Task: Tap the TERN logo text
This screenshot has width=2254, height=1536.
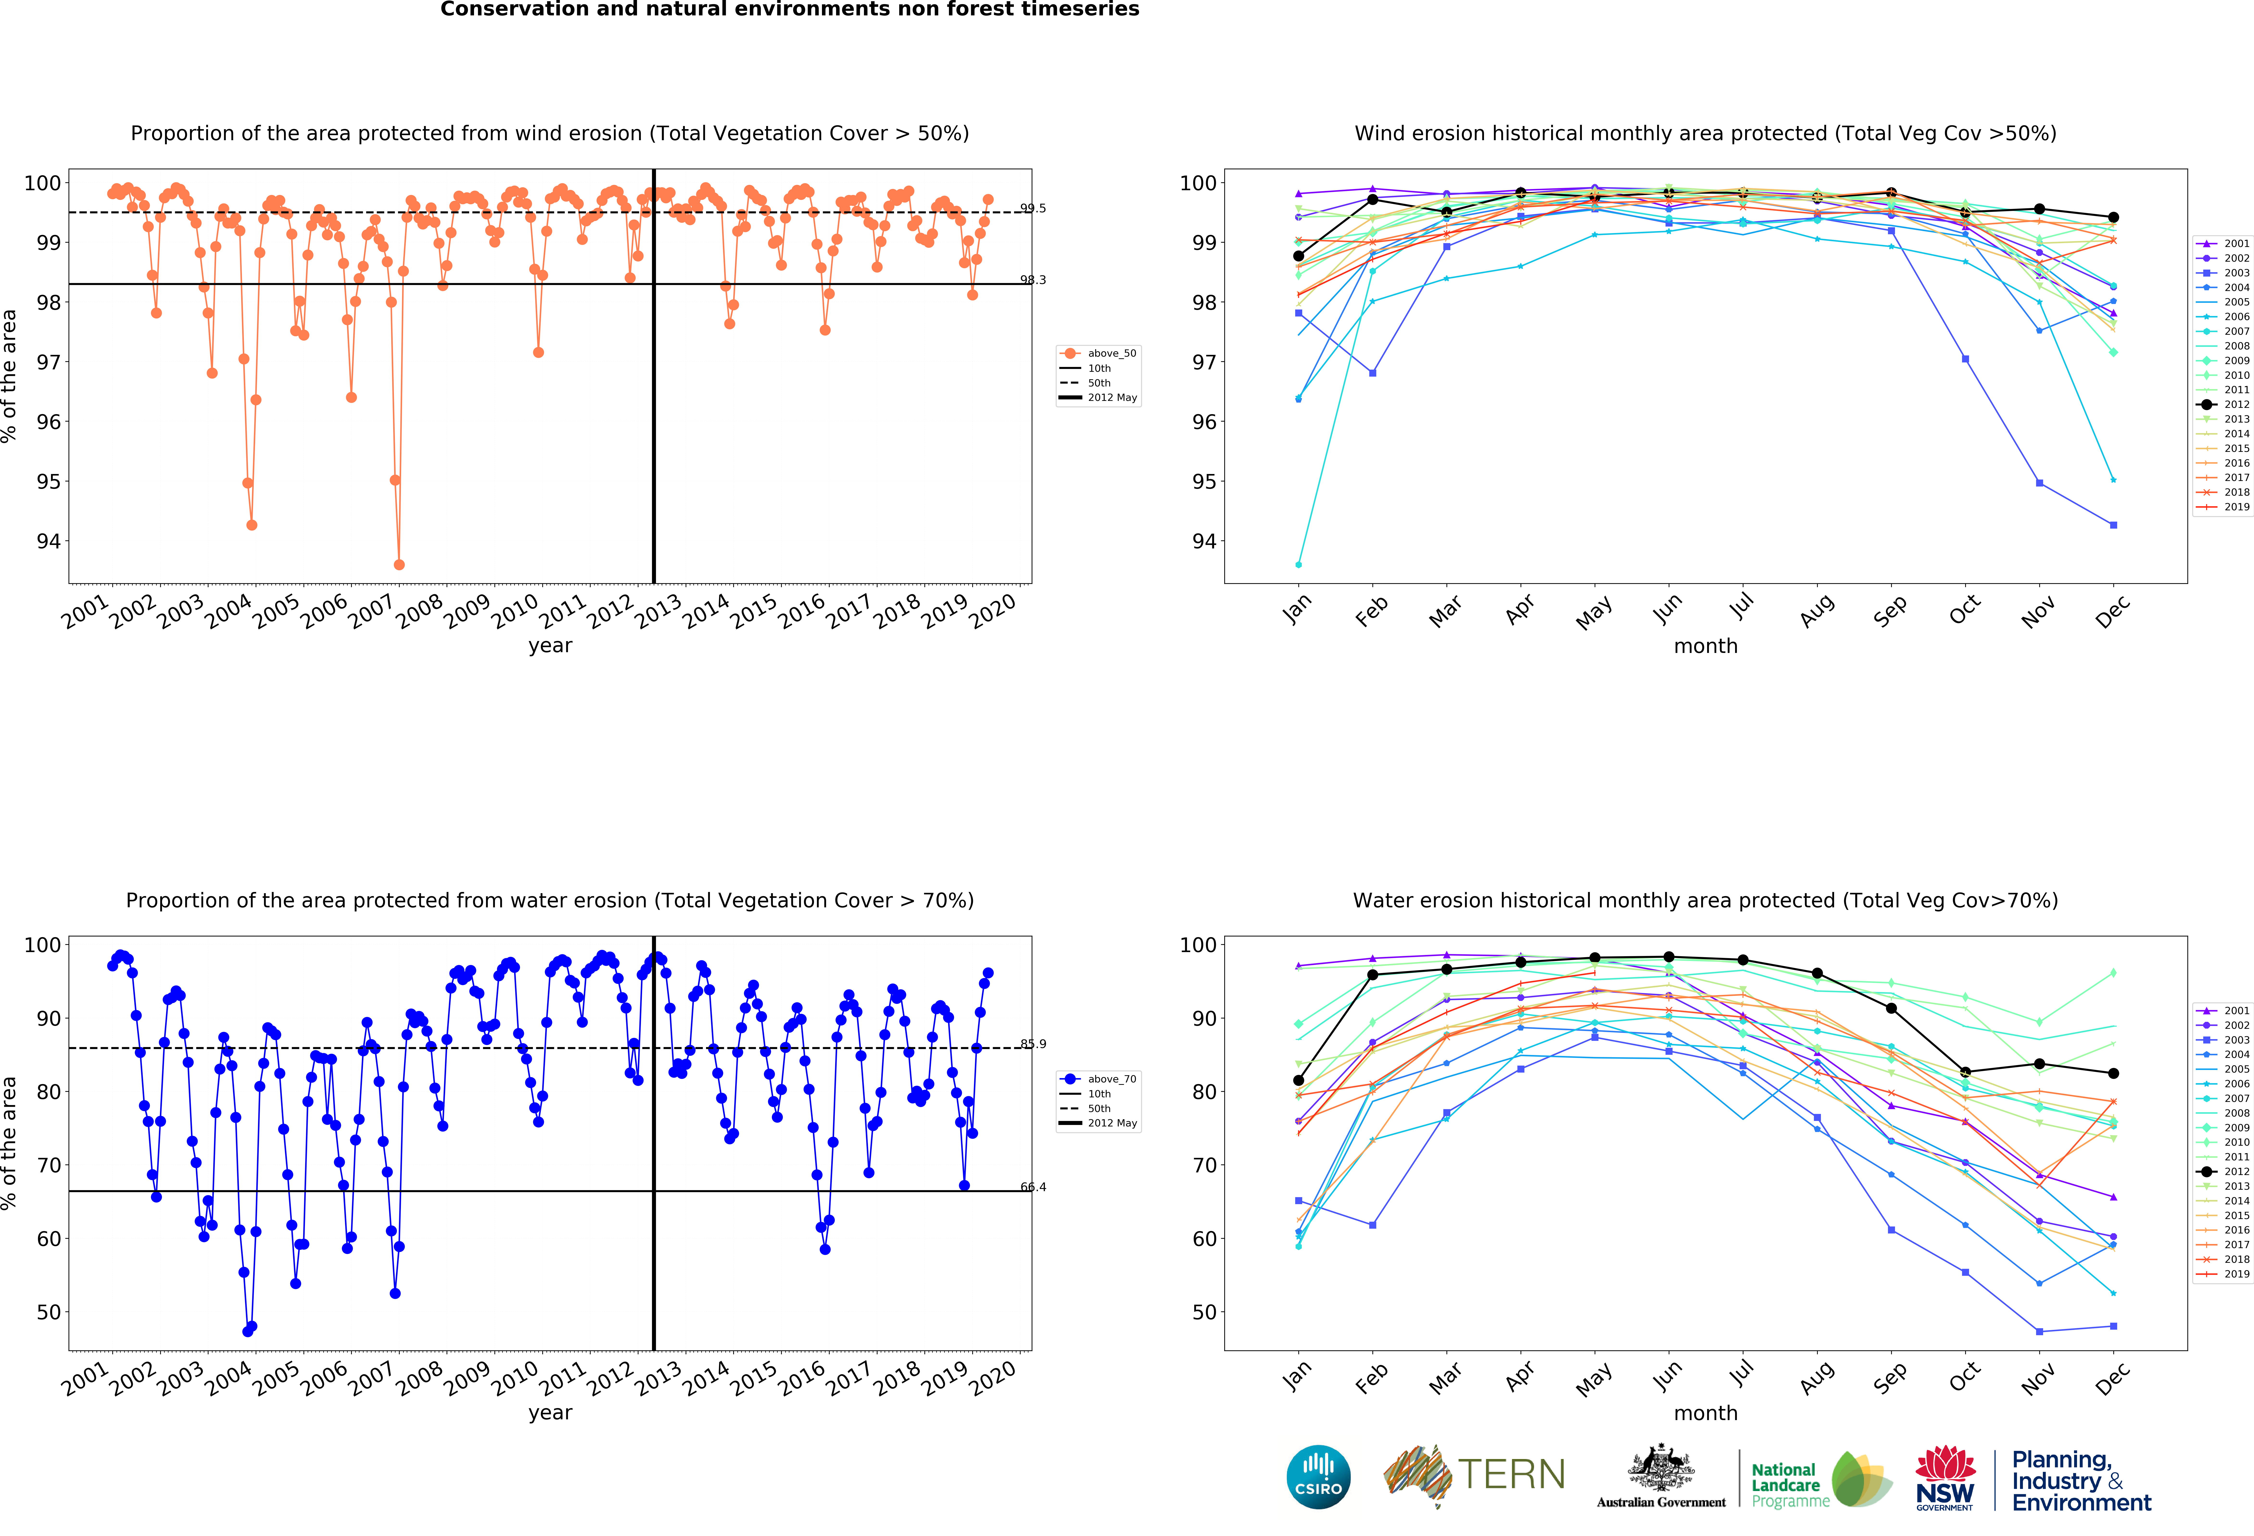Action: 1511,1474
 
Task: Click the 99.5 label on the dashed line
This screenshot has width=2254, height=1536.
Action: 1033,209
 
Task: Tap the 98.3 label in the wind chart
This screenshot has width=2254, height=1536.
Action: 1033,280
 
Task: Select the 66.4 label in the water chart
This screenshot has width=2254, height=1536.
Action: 1033,1187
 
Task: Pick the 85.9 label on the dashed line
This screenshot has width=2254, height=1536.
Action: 1033,1044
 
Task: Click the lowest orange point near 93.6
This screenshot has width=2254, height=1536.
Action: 399,564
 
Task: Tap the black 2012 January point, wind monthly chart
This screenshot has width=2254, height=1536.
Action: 1299,256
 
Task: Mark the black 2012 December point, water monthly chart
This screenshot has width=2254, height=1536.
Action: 2113,1074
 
